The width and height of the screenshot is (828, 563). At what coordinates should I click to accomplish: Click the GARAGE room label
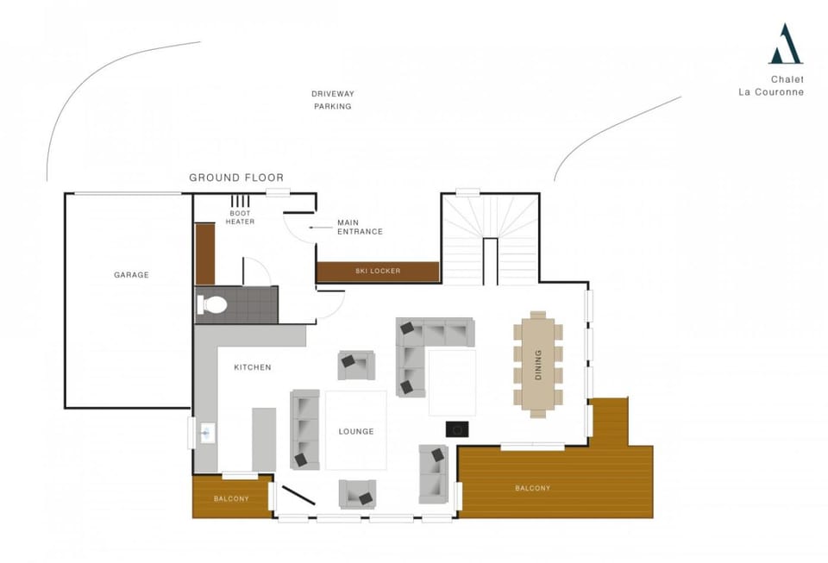click(x=131, y=275)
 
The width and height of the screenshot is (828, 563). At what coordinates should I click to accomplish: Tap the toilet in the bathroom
click(x=212, y=304)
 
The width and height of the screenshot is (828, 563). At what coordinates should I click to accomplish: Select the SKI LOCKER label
click(x=378, y=272)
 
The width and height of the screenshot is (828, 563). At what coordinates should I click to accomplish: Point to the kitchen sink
click(x=207, y=433)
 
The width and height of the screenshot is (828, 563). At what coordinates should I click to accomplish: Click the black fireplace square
click(x=456, y=429)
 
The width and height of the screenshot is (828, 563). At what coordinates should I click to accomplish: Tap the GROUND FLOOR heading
click(x=236, y=178)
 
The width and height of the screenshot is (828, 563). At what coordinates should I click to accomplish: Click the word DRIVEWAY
click(x=333, y=94)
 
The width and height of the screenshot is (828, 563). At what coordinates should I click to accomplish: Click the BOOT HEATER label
click(x=241, y=217)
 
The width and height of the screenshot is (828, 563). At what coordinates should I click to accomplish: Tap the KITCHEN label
click(x=253, y=367)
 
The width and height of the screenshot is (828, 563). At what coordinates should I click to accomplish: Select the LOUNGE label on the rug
click(x=355, y=431)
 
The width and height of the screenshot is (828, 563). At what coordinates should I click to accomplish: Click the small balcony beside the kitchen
click(x=231, y=498)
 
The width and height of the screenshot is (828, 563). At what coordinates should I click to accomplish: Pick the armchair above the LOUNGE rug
click(x=355, y=365)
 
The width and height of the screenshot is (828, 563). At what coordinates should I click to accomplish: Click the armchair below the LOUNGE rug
click(x=357, y=494)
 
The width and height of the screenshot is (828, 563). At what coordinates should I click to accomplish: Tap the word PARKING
click(x=333, y=107)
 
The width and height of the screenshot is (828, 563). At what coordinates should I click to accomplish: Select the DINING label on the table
click(x=538, y=364)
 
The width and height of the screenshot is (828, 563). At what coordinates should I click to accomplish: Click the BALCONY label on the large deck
click(x=532, y=489)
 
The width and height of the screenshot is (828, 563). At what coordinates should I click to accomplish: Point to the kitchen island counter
click(x=263, y=439)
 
